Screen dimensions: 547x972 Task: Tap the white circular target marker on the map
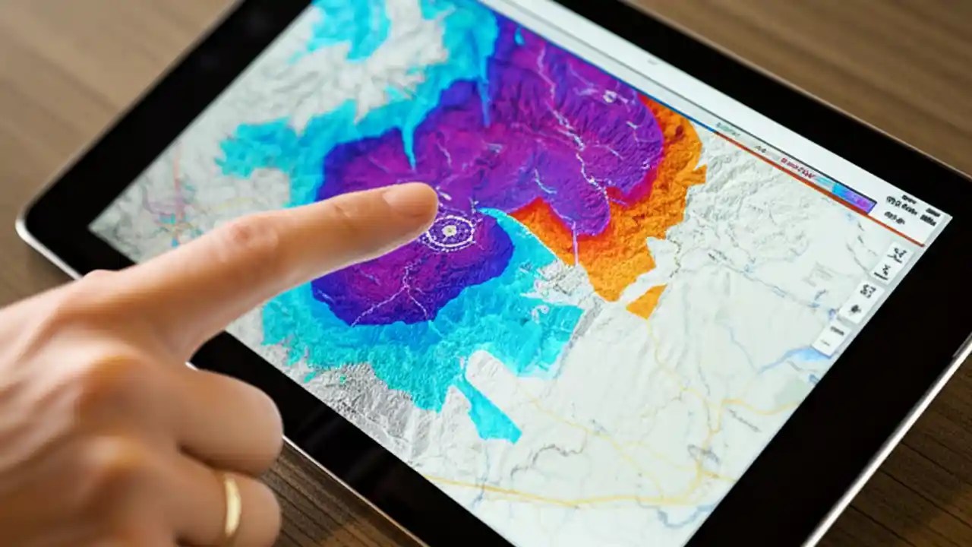tap(450, 229)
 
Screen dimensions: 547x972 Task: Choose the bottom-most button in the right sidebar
tap(830, 338)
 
